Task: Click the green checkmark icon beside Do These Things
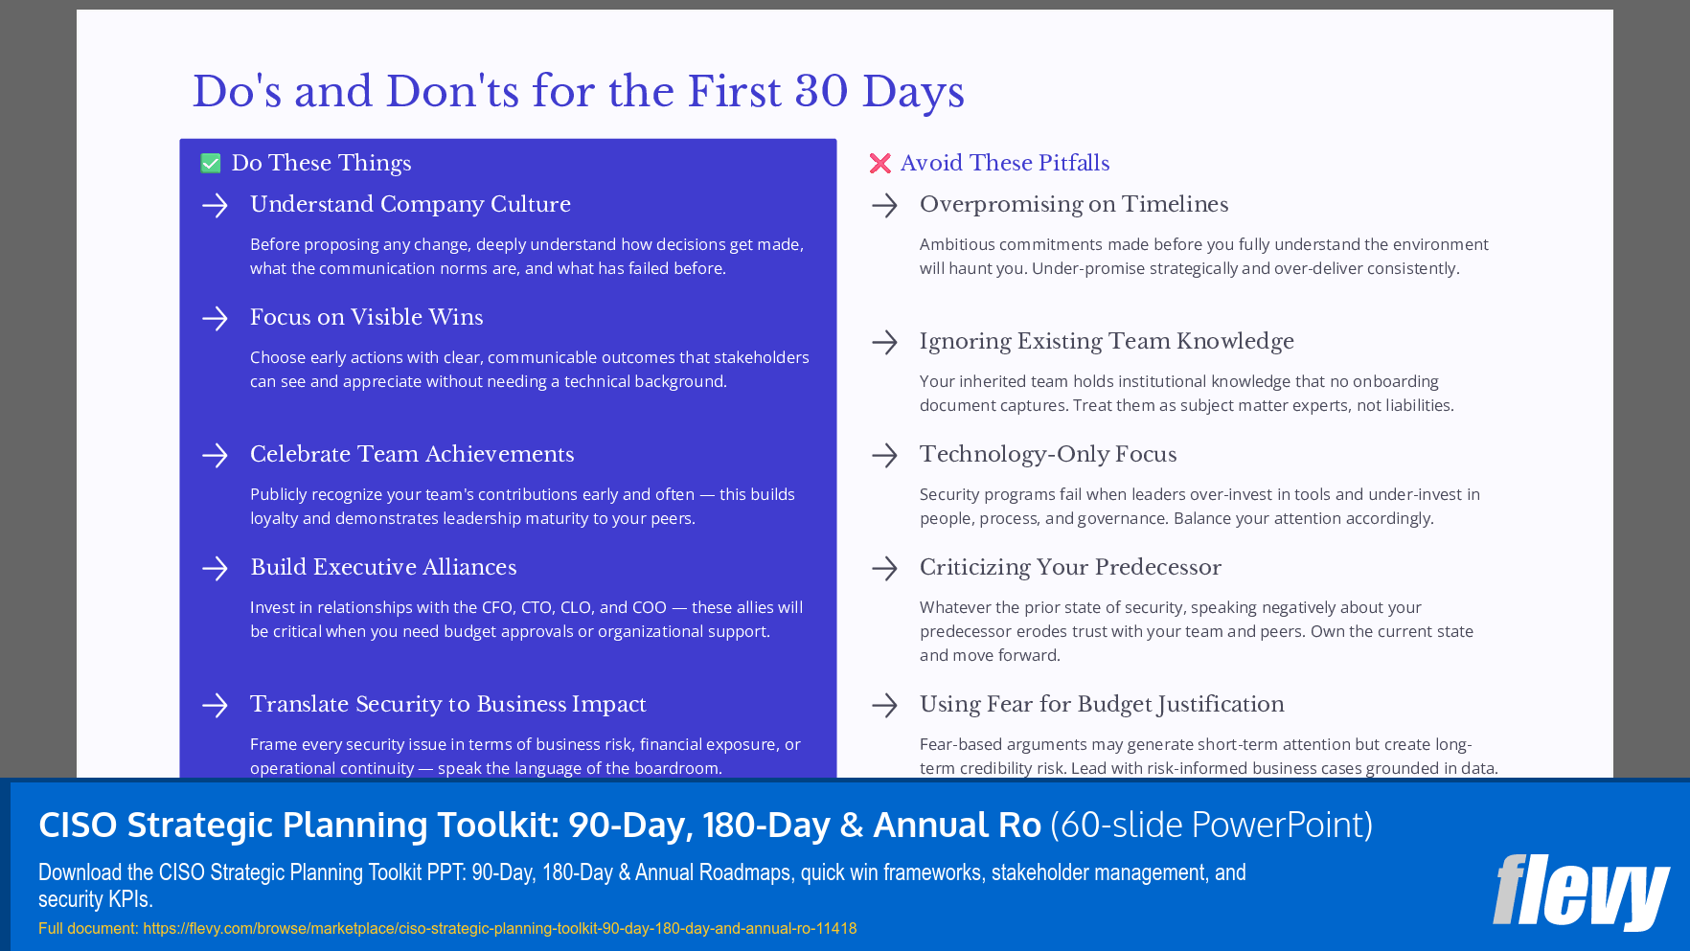coord(211,164)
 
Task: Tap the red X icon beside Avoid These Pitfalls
coord(879,164)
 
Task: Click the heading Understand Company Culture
coord(410,204)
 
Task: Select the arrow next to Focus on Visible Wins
coord(216,318)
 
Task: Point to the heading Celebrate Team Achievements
coord(412,454)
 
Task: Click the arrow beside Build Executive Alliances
coord(216,568)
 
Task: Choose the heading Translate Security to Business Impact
coord(447,704)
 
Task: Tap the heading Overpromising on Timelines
coord(1073,204)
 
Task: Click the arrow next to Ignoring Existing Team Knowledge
coord(884,342)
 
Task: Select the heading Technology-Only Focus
coord(1047,454)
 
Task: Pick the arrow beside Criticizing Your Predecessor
coord(884,568)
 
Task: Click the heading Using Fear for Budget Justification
coord(1101,704)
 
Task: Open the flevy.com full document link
coord(499,928)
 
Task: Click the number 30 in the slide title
coord(821,92)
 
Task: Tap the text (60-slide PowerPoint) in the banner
coord(1211,825)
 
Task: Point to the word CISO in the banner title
coord(78,825)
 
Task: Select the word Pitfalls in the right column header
coord(1074,163)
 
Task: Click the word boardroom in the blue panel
coord(676,768)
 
